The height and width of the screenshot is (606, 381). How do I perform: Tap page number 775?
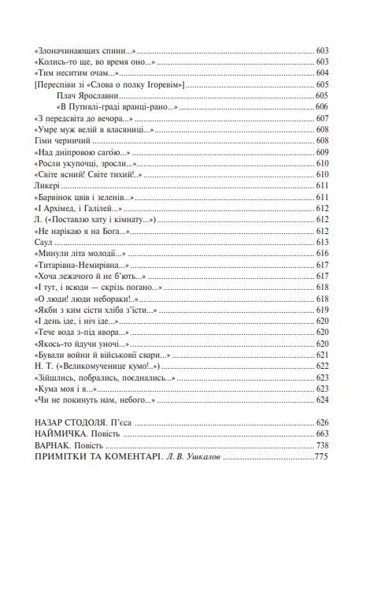coord(320,457)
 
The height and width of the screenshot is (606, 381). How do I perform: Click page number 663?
coord(320,434)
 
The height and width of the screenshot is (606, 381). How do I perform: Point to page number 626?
coord(320,423)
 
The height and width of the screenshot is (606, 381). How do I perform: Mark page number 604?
coord(320,72)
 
